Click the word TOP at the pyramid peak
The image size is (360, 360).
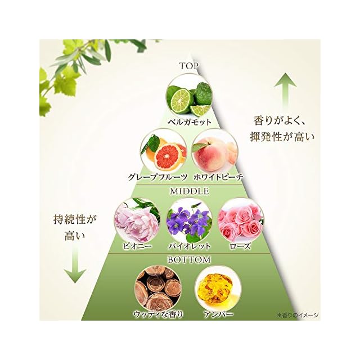[189, 66]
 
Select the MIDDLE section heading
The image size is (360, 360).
[189, 191]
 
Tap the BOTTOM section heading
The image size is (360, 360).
[189, 260]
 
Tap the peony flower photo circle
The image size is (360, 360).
[135, 220]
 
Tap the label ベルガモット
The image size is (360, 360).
[189, 121]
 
